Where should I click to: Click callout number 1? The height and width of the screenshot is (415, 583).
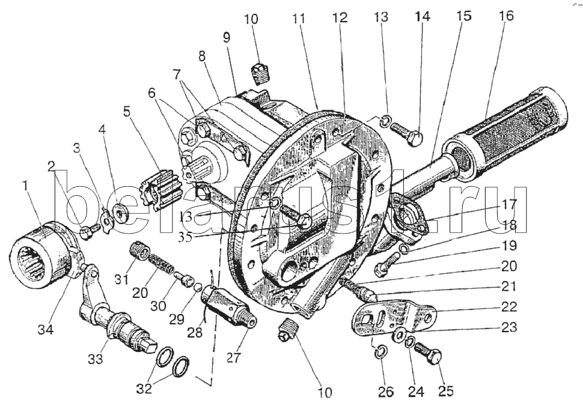pyautogui.click(x=25, y=187)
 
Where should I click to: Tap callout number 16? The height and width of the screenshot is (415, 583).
pyautogui.click(x=506, y=16)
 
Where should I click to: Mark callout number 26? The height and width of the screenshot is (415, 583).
pyautogui.click(x=385, y=392)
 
